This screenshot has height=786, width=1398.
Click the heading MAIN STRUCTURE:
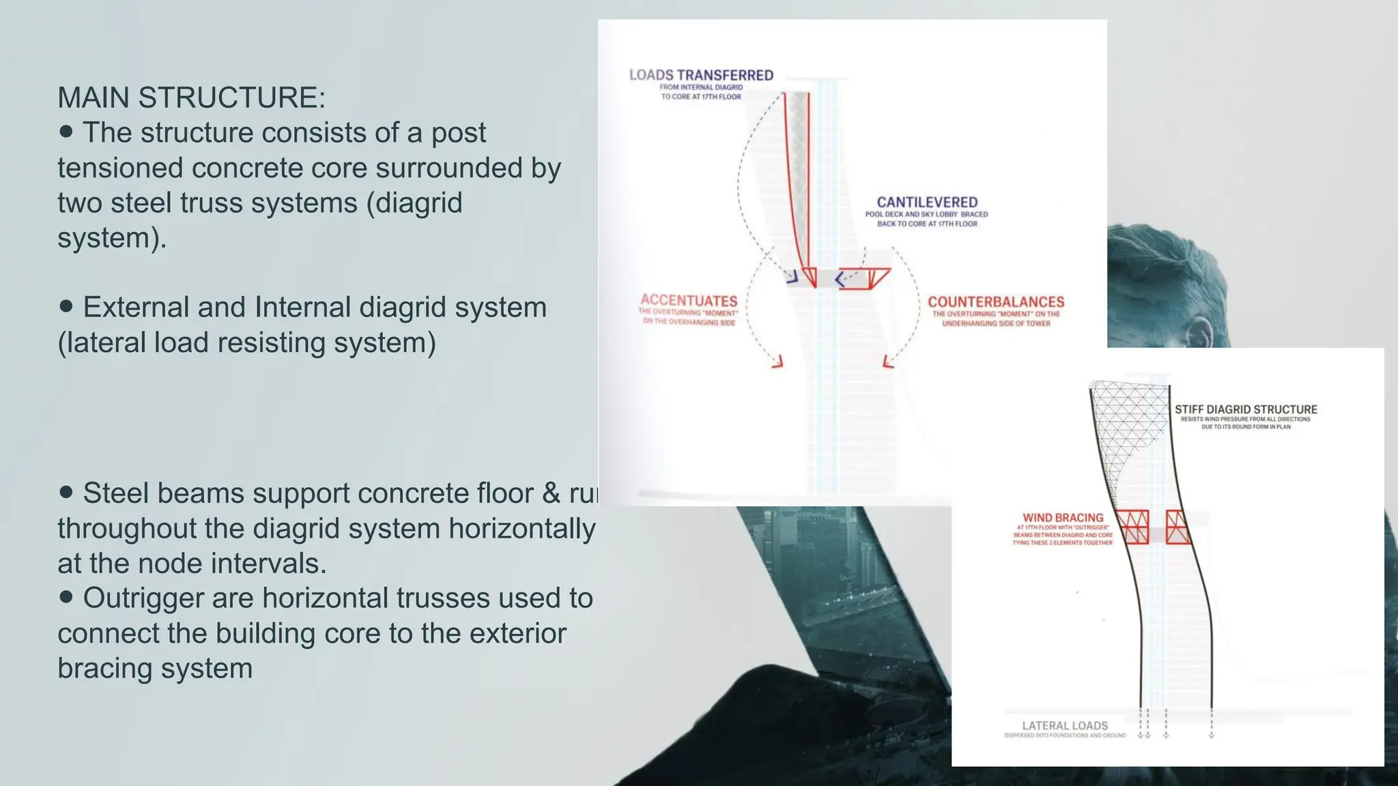coord(191,98)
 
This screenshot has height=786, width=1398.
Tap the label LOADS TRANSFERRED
coord(701,75)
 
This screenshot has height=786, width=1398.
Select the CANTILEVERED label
coord(927,202)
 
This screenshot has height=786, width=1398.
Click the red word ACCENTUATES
coord(689,301)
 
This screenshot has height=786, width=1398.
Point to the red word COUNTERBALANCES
coord(995,302)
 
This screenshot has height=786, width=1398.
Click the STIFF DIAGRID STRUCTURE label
coord(1246,409)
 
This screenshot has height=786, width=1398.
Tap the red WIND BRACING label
coord(1063,518)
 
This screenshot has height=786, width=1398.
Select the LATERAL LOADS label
coord(1065,725)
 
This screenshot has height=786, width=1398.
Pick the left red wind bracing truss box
coord(1132,527)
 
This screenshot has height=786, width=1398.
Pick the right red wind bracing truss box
coord(1178,527)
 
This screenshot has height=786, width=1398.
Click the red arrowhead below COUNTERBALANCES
coord(887,362)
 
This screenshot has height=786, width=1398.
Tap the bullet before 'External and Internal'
coord(66,306)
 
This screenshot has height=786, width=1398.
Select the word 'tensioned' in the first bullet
coord(120,168)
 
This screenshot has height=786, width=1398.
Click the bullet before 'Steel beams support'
coord(66,492)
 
